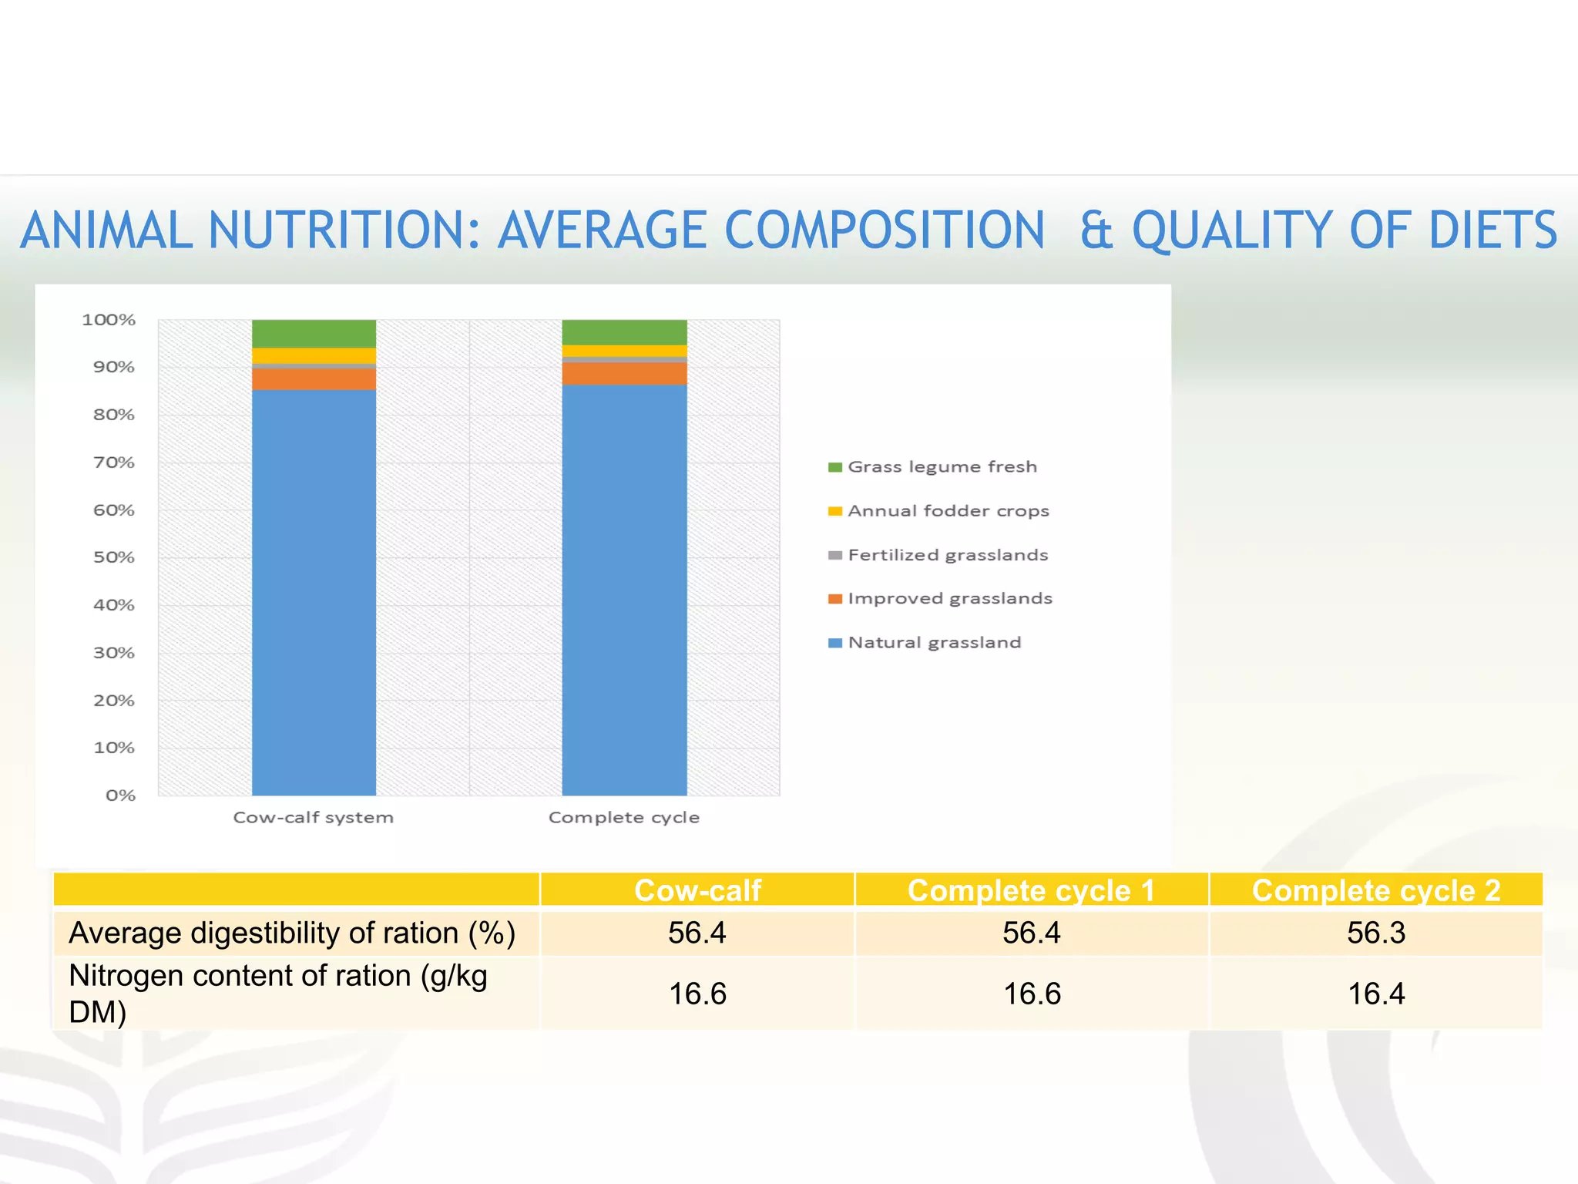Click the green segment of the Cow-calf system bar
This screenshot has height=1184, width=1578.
tap(314, 334)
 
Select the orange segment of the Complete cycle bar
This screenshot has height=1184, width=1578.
tap(624, 374)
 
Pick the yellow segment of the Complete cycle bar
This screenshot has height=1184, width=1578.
tap(624, 351)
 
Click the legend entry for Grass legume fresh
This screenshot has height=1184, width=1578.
tap(941, 467)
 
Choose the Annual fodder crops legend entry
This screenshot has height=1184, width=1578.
tap(947, 511)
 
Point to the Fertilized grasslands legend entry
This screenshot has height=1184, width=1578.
tap(947, 555)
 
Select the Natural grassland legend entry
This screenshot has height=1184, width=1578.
tap(933, 643)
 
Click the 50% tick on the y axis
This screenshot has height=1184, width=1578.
tap(113, 557)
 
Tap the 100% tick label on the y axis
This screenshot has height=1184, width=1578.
tap(109, 320)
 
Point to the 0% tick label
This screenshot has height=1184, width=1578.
tap(120, 795)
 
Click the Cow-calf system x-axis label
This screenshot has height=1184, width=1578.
tap(313, 818)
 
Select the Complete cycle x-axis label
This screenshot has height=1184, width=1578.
tap(623, 818)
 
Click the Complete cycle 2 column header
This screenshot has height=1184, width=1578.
tap(1375, 891)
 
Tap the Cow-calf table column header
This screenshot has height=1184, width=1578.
tap(697, 891)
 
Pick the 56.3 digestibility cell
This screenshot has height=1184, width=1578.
tap(1375, 933)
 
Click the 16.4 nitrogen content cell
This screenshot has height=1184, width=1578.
tap(1375, 994)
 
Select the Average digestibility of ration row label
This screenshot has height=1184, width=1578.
tap(291, 933)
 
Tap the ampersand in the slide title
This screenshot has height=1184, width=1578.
tap(1096, 230)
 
